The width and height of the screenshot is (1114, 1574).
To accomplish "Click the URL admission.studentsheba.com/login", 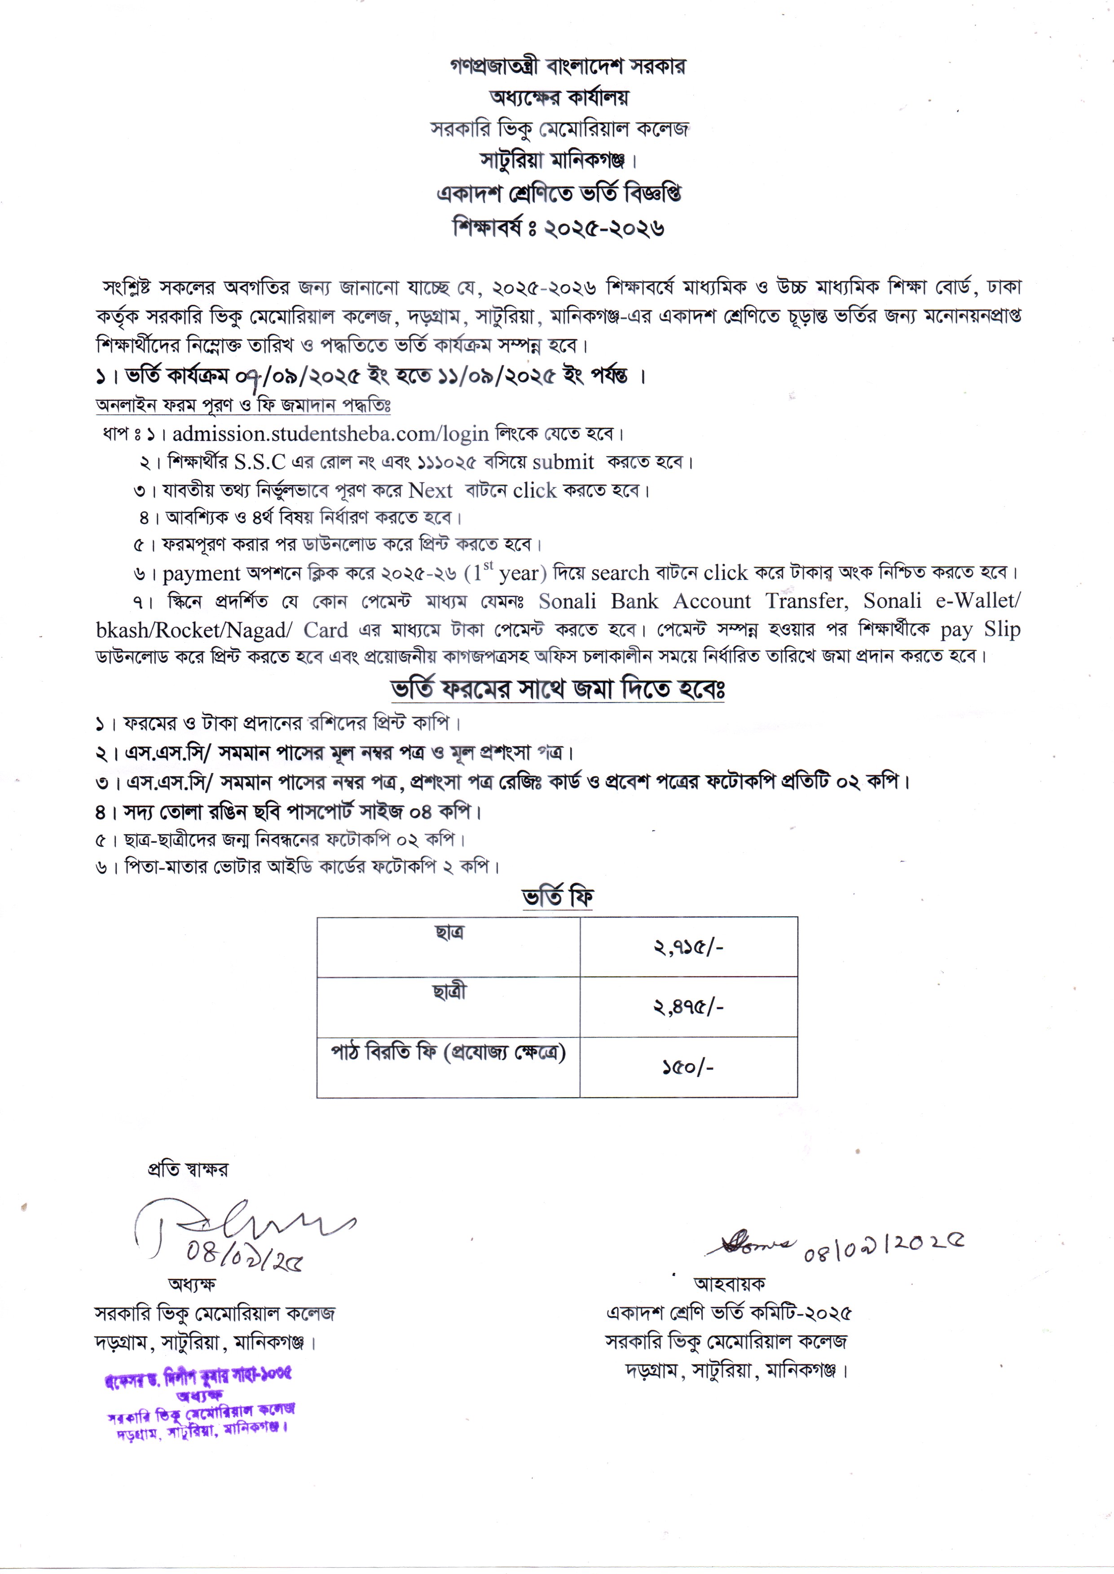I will coord(330,434).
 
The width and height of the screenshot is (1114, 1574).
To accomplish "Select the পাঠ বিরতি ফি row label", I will coord(448,1052).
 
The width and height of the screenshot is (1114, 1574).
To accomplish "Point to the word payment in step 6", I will coord(201,573).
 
